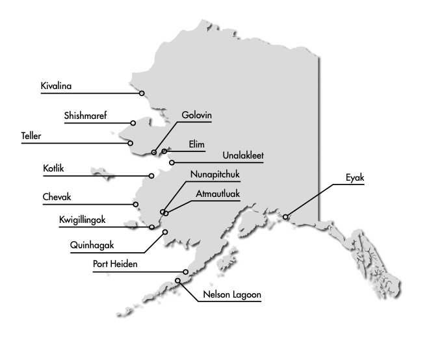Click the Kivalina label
pyautogui.click(x=55, y=86)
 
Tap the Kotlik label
pyautogui.click(x=54, y=169)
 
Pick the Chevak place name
pyautogui.click(x=57, y=198)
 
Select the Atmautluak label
pyautogui.click(x=218, y=194)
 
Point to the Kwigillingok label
pyautogui.click(x=82, y=220)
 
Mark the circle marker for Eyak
pyautogui.click(x=287, y=217)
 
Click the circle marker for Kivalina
pyautogui.click(x=142, y=93)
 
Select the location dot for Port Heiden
pyautogui.click(x=186, y=272)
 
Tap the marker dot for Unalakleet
pyautogui.click(x=172, y=162)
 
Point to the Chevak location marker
pyautogui.click(x=136, y=205)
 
